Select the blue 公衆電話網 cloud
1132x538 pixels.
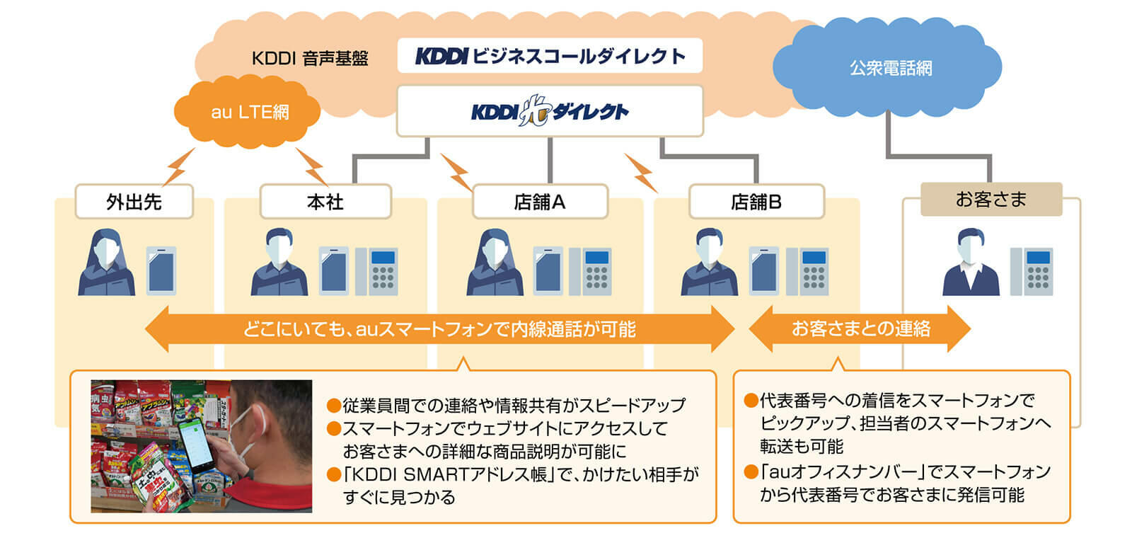coord(889,69)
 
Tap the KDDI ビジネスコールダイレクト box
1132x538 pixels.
coord(550,56)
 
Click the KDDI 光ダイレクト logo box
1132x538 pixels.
coord(550,111)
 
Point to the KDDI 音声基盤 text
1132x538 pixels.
coord(310,58)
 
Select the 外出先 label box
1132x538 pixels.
coord(134,202)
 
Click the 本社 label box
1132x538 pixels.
coord(325,202)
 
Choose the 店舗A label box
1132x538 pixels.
coord(539,202)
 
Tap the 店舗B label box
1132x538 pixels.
coord(756,202)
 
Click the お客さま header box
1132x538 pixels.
coord(990,199)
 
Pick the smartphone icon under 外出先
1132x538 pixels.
coord(161,270)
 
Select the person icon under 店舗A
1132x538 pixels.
coord(495,263)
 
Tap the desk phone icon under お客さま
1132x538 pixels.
coord(1032,270)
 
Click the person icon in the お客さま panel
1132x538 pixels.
coord(971,263)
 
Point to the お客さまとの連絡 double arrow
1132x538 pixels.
coord(860,328)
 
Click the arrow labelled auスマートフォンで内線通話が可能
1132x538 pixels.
coord(439,328)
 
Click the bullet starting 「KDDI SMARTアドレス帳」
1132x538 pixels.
coord(513,485)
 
